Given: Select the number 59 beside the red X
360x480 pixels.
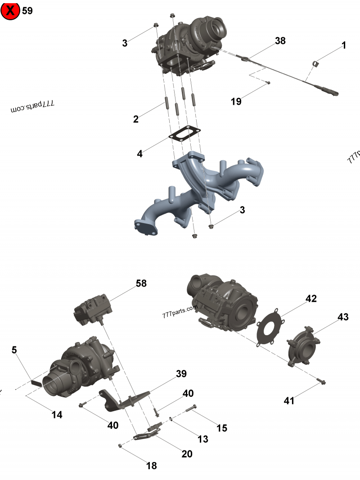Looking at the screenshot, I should [27, 11].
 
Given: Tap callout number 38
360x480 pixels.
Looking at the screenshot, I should [280, 41].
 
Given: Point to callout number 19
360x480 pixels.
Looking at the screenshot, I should [236, 102].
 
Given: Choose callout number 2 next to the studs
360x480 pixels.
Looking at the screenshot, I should [136, 119].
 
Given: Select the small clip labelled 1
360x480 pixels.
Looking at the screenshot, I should [316, 64].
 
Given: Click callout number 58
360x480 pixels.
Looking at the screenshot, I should [141, 283].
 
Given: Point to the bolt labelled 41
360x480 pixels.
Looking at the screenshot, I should [323, 382].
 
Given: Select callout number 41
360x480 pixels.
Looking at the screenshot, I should [289, 400].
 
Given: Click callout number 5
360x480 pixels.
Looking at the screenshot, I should [14, 350].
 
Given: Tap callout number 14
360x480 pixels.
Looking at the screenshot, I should [57, 415].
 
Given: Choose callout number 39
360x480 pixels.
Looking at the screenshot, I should [181, 374].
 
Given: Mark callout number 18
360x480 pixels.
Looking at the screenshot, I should [152, 466].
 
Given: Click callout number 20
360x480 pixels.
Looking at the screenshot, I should [187, 454].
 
